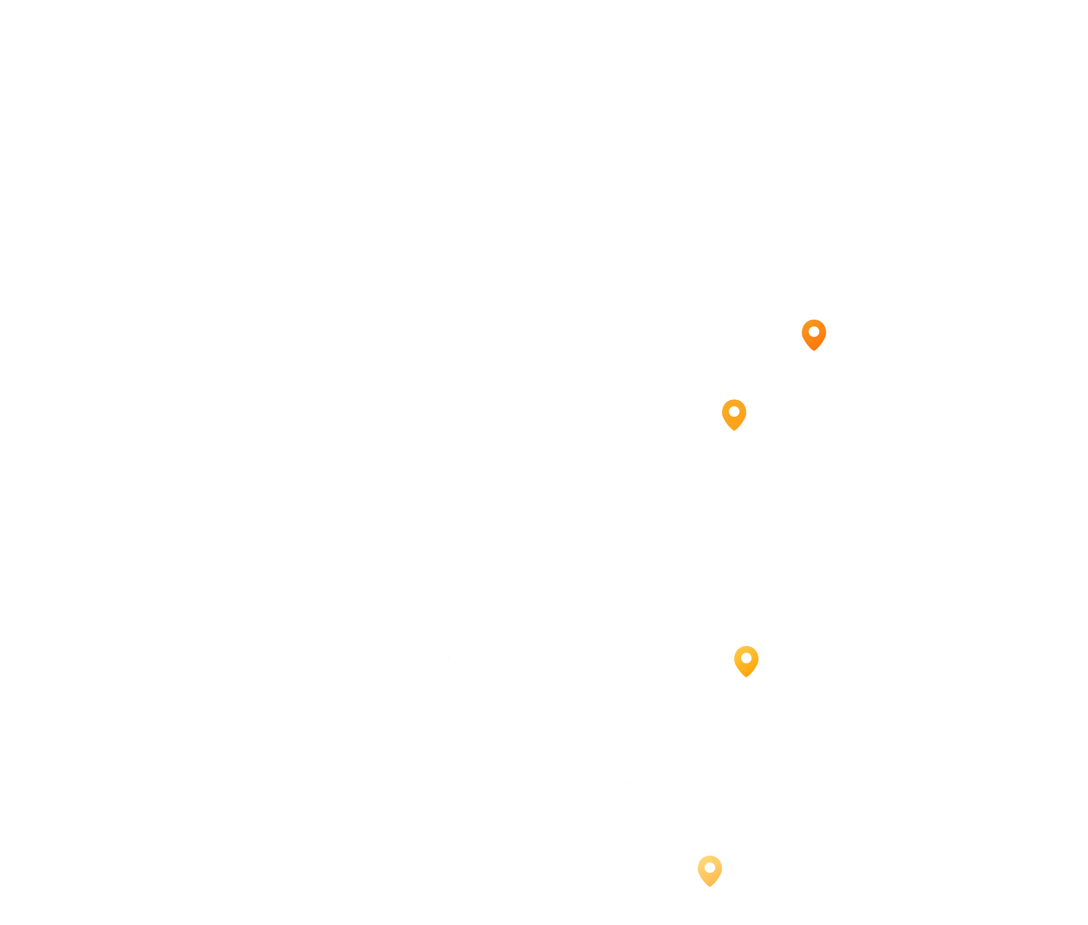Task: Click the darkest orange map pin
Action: (814, 334)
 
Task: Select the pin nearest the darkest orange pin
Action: (734, 414)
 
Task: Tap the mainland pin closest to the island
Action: (746, 660)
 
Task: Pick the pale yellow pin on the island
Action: (710, 870)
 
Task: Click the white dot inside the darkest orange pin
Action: (814, 331)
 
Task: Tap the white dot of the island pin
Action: (710, 868)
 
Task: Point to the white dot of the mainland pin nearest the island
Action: (746, 658)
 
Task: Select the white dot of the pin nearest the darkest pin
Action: (734, 411)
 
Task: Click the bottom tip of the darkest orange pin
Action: (814, 350)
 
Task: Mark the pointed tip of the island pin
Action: (710, 886)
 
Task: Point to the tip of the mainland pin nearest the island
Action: (746, 677)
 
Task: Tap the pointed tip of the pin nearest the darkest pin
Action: (734, 430)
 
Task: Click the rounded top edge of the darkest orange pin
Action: (814, 320)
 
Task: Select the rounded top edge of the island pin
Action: (710, 856)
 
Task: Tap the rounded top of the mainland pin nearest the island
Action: (746, 646)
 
